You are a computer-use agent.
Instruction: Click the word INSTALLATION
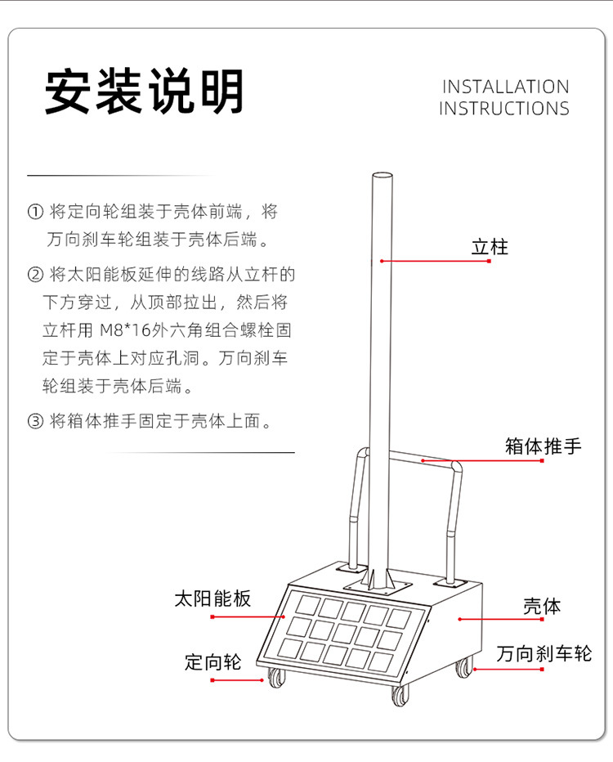[505, 87]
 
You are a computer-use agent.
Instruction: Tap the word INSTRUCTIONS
[503, 108]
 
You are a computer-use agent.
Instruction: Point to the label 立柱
[490, 246]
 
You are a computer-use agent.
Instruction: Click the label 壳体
[542, 607]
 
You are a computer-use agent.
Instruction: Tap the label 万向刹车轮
[544, 653]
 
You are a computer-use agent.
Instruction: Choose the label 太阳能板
[213, 598]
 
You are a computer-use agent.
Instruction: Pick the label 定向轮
[213, 661]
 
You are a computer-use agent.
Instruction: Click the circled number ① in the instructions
[35, 212]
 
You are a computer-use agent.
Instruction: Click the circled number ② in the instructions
[35, 273]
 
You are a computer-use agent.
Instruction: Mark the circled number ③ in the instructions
[35, 422]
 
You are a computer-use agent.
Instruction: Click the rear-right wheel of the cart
[464, 667]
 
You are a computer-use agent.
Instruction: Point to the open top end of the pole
[382, 175]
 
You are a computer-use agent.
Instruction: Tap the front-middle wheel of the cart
[400, 696]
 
